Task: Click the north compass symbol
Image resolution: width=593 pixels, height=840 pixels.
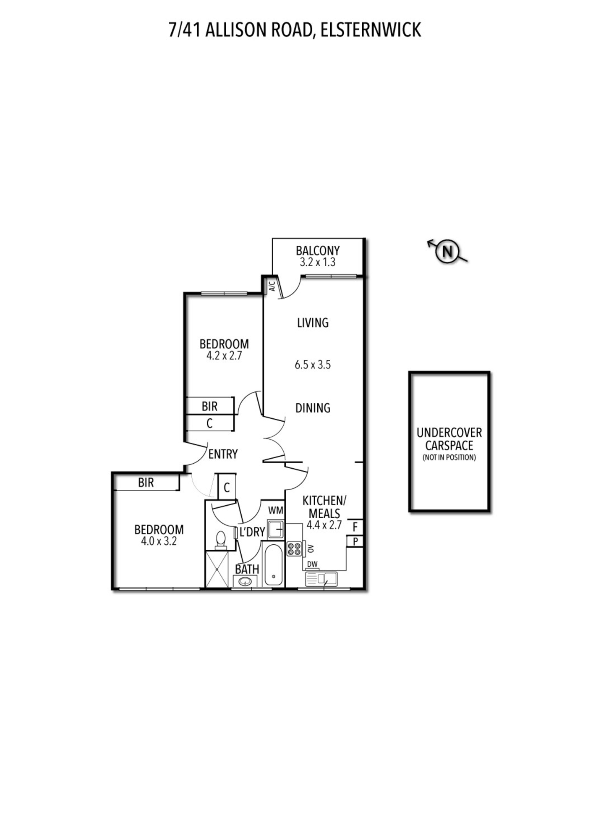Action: [448, 252]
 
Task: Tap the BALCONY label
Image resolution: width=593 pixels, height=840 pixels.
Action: [318, 251]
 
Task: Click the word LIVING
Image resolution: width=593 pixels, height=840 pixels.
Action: [313, 323]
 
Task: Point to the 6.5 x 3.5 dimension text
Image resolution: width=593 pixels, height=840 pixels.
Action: [313, 365]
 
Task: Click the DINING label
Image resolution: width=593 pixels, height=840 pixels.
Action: [313, 408]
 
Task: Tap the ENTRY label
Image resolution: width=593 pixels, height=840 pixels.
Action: [223, 454]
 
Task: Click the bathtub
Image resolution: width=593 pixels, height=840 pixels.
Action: [274, 565]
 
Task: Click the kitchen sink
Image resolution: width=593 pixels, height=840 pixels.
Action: [321, 579]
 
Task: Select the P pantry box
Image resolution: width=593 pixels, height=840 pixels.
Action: [355, 542]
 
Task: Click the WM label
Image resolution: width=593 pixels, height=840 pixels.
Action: [276, 510]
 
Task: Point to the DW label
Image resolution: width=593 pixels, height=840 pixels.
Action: [312, 564]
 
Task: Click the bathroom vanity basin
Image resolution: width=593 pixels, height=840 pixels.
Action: [245, 581]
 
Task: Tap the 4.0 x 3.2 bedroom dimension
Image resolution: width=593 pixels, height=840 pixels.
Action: [159, 542]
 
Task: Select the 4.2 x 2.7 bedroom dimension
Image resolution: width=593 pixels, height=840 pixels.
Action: [224, 356]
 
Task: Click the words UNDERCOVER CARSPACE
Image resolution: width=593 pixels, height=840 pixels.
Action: [449, 439]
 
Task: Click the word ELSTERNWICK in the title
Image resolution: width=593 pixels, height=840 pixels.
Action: [371, 30]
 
